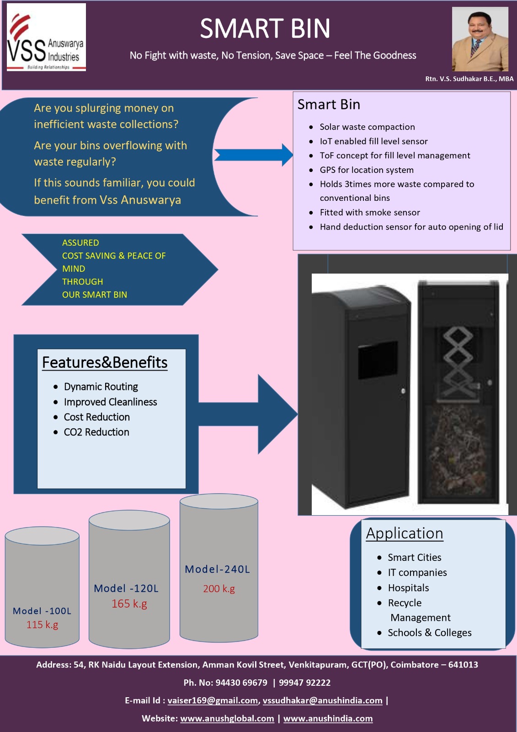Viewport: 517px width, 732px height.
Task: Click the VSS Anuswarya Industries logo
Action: coord(46,37)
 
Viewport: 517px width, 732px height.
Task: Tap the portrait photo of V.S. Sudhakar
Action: coord(480,39)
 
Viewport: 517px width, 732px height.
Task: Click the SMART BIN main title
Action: coord(265,29)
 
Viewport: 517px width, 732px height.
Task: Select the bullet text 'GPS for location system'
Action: coord(367,170)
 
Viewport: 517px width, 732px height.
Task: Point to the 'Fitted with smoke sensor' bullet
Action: coord(370,212)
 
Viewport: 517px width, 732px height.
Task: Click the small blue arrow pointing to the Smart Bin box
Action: coord(253,155)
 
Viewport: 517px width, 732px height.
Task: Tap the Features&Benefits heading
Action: coord(105,362)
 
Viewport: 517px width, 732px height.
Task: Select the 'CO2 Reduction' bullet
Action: coord(96,432)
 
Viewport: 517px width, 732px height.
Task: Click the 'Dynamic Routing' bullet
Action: coord(101,387)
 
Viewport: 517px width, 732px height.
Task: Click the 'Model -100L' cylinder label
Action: coord(42,611)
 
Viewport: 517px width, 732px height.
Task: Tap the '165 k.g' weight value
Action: coord(129,604)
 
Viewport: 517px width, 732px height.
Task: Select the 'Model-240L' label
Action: coord(217,569)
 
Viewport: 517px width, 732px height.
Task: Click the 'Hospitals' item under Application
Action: coord(408,587)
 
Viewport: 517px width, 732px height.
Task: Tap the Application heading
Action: coord(405,533)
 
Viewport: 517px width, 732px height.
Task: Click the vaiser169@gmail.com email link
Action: coord(213,700)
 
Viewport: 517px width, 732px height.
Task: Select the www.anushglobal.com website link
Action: coord(227,718)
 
